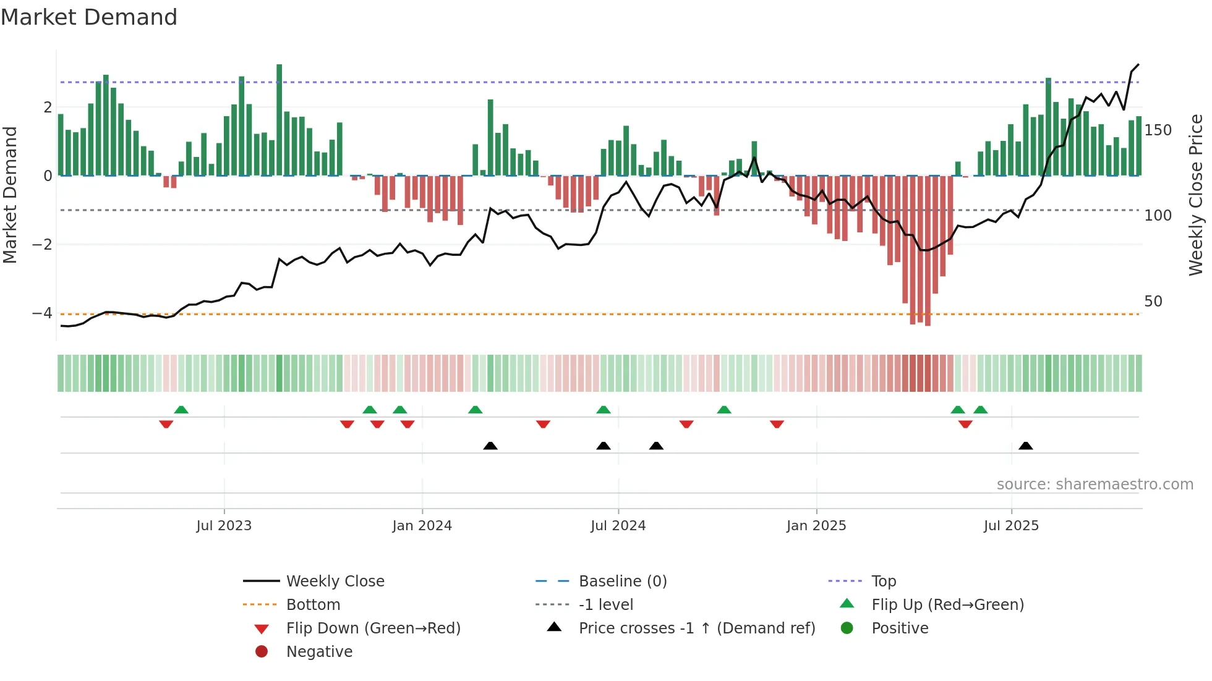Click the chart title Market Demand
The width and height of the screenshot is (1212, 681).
pyautogui.click(x=89, y=17)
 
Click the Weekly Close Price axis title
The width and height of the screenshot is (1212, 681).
pyautogui.click(x=1196, y=195)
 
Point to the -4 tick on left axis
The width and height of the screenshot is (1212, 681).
pyautogui.click(x=42, y=313)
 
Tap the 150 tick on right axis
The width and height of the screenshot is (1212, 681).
pyautogui.click(x=1158, y=130)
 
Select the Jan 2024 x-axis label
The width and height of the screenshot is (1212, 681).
pyautogui.click(x=422, y=526)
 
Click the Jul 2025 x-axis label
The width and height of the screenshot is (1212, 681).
pyautogui.click(x=1011, y=526)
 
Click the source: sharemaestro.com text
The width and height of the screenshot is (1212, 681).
pyautogui.click(x=1095, y=484)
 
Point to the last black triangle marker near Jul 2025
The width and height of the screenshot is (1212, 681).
pyautogui.click(x=1025, y=446)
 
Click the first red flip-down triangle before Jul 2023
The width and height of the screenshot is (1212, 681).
pyautogui.click(x=166, y=424)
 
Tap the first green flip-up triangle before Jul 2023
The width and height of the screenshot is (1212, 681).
pyautogui.click(x=181, y=410)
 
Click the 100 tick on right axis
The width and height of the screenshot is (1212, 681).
pyautogui.click(x=1158, y=216)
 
